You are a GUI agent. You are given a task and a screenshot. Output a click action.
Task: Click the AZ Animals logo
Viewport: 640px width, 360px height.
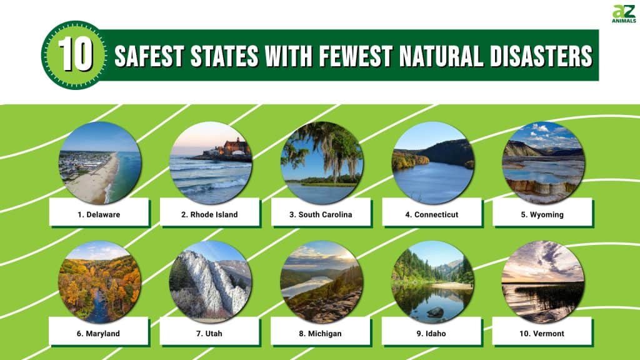pos(624,14)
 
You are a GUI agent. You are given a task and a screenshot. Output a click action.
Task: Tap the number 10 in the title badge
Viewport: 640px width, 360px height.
pos(76,55)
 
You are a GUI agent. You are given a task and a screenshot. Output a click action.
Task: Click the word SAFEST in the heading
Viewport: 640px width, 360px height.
pos(149,56)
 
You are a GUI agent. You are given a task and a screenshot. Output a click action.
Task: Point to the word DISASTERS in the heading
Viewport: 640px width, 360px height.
pos(541,56)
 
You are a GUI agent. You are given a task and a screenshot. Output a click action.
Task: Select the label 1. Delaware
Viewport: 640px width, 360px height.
pos(99,215)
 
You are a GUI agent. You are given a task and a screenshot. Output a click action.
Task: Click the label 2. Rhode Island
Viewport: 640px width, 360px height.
pos(209,215)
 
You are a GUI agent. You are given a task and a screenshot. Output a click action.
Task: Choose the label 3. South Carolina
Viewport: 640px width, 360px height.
pos(321,215)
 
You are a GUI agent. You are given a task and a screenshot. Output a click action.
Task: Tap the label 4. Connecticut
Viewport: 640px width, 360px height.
pos(432,215)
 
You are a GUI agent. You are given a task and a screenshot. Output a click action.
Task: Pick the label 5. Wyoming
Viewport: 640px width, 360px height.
pos(542,215)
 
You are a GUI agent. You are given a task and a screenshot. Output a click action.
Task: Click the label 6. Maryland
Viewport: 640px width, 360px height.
pos(98,334)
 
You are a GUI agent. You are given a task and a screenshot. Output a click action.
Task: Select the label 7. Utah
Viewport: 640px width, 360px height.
pos(209,334)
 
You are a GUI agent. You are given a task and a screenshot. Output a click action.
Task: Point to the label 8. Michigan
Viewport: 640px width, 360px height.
pos(320,334)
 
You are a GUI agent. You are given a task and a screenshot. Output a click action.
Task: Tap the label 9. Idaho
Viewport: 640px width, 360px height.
pos(431,334)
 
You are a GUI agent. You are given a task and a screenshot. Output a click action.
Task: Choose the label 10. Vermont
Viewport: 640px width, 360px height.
pos(542,334)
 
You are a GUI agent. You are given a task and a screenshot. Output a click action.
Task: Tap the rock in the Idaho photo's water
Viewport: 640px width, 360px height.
pos(435,312)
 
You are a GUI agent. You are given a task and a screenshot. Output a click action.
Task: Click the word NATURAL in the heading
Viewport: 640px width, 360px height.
pos(441,56)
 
